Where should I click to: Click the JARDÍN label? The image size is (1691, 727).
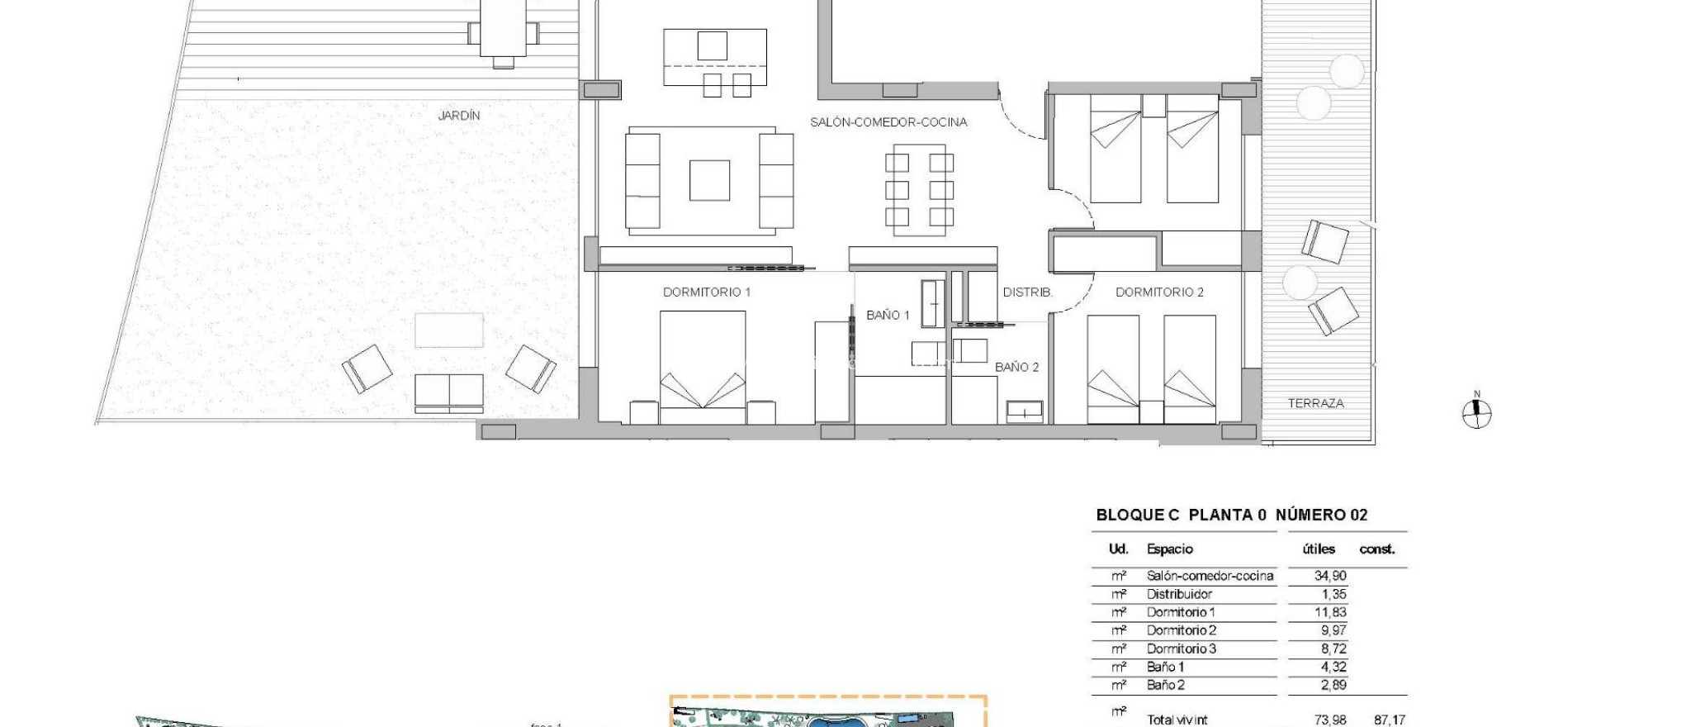pyautogui.click(x=458, y=116)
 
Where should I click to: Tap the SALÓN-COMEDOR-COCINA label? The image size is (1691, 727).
pyautogui.click(x=888, y=122)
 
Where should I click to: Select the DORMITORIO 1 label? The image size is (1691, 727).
pyautogui.click(x=707, y=292)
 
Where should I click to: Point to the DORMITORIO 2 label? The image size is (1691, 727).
pyautogui.click(x=1159, y=292)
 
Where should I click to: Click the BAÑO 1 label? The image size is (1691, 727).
pyautogui.click(x=888, y=316)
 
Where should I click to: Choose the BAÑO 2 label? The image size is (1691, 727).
pyautogui.click(x=1016, y=368)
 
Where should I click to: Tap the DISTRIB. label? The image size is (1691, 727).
pyautogui.click(x=1027, y=292)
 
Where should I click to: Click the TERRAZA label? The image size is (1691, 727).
pyautogui.click(x=1315, y=404)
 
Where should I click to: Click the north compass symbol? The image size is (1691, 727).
pyautogui.click(x=1476, y=413)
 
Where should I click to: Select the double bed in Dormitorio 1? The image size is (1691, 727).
pyautogui.click(x=703, y=368)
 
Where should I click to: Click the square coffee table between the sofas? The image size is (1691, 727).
pyautogui.click(x=709, y=180)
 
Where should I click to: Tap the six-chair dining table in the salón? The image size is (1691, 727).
pyautogui.click(x=919, y=190)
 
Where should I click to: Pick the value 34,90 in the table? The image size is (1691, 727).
pyautogui.click(x=1329, y=577)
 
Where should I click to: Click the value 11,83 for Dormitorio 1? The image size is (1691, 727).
pyautogui.click(x=1329, y=613)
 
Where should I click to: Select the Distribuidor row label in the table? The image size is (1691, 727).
pyautogui.click(x=1179, y=595)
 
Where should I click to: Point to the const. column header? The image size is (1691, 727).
pyautogui.click(x=1376, y=549)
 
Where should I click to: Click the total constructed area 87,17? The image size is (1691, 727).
pyautogui.click(x=1389, y=720)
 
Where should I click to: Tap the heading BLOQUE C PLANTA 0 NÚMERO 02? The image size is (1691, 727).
pyautogui.click(x=1231, y=516)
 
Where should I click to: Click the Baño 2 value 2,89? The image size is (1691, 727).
pyautogui.click(x=1333, y=686)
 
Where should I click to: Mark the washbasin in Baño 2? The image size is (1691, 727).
pyautogui.click(x=1024, y=411)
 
